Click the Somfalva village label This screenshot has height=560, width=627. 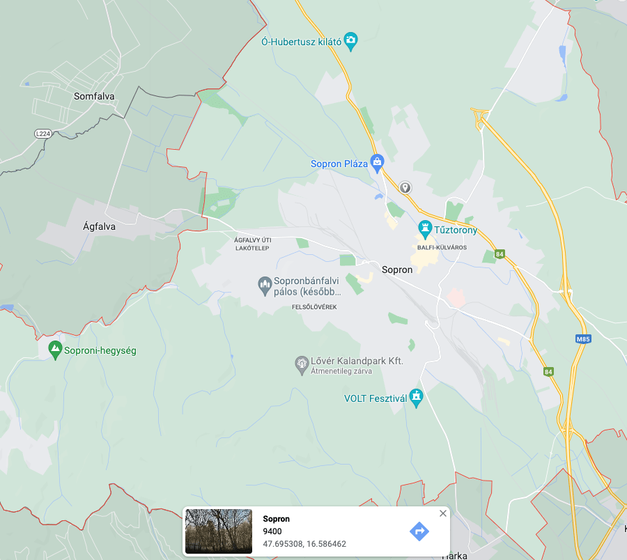pyautogui.click(x=94, y=97)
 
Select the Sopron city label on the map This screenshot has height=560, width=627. pyautogui.click(x=397, y=270)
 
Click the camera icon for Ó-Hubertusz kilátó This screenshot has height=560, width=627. pyautogui.click(x=351, y=40)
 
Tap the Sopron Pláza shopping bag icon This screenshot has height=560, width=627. pyautogui.click(x=377, y=164)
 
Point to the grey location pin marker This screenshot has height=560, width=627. pyautogui.click(x=405, y=187)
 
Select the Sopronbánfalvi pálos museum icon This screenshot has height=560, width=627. pyautogui.click(x=265, y=285)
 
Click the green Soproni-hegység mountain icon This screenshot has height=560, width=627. pyautogui.click(x=55, y=350)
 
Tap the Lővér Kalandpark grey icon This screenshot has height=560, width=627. pyautogui.click(x=302, y=363)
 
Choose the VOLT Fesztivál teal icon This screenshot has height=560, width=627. pyautogui.click(x=417, y=398)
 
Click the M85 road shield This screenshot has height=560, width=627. pyautogui.click(x=583, y=339)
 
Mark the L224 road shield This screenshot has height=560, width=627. pyautogui.click(x=43, y=133)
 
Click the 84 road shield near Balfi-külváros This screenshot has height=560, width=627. pyautogui.click(x=500, y=254)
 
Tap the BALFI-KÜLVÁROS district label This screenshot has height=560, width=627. pyautogui.click(x=442, y=247)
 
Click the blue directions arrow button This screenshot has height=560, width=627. pyautogui.click(x=419, y=531)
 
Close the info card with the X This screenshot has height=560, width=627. pyautogui.click(x=443, y=513)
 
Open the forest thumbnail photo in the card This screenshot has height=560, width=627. pyautogui.click(x=219, y=531)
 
